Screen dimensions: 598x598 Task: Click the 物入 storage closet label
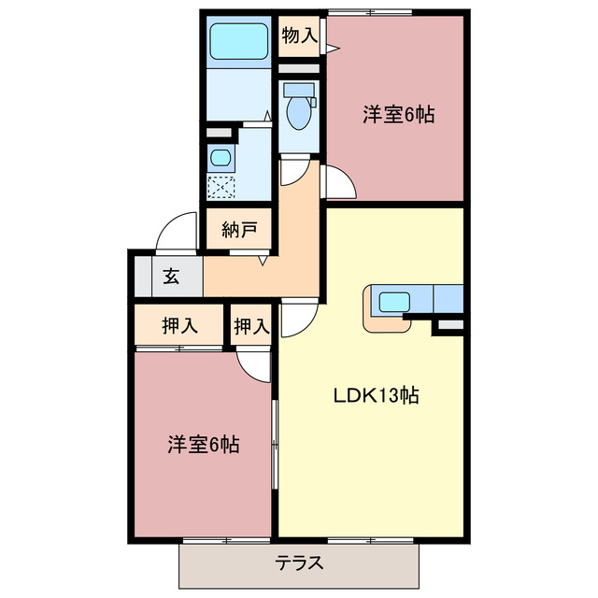tap(299, 36)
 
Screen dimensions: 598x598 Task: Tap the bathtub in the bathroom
tap(238, 41)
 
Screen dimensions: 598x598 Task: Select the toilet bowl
tap(300, 111)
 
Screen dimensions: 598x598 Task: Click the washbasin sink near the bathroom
tap(221, 157)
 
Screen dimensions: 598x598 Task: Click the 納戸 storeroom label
tap(239, 231)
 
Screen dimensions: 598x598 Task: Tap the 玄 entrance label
tap(172, 277)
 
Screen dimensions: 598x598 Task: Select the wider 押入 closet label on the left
tap(178, 326)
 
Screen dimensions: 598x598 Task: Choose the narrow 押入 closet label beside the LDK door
tap(251, 326)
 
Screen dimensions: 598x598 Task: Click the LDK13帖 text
tap(376, 395)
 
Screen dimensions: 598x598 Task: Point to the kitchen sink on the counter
tap(393, 302)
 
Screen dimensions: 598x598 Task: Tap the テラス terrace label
tap(299, 563)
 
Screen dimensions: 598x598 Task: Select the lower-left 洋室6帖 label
tap(203, 445)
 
